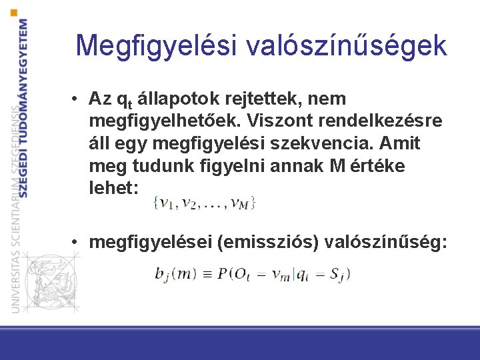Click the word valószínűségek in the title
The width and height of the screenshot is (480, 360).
pyautogui.click(x=347, y=45)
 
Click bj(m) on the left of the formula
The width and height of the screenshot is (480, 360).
pyautogui.click(x=171, y=273)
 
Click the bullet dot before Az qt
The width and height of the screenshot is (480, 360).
pyautogui.click(x=78, y=99)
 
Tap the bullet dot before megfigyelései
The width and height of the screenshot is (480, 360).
pyautogui.click(x=78, y=241)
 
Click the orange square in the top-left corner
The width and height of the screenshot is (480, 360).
pyautogui.click(x=15, y=12)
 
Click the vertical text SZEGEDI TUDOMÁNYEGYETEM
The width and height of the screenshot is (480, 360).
pyautogui.click(x=23, y=107)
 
